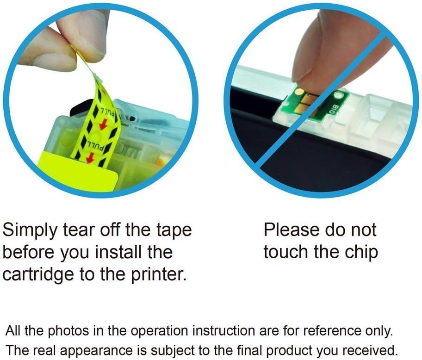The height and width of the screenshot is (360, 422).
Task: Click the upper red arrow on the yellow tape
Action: point(103,123)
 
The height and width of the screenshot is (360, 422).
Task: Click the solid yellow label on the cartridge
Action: point(78,172)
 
